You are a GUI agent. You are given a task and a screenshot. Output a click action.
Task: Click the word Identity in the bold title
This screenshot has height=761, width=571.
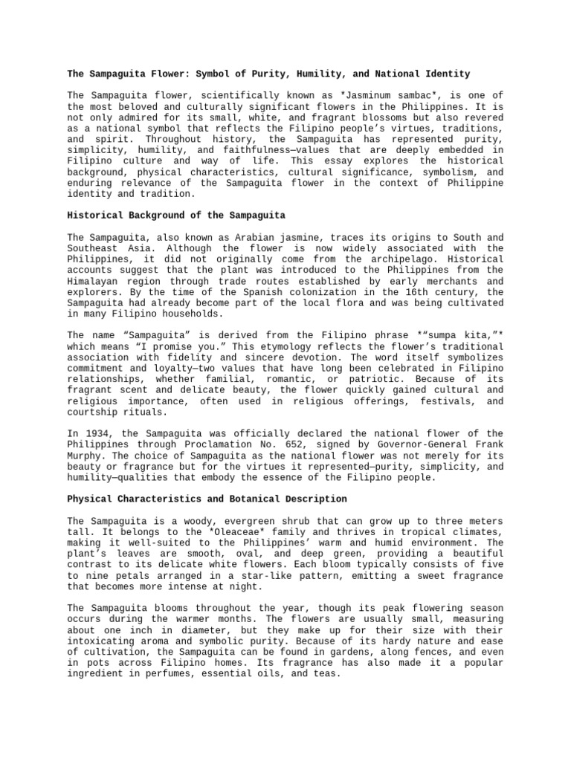[x=445, y=74]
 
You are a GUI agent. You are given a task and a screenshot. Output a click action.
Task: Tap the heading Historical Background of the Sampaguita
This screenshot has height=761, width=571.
[x=176, y=216]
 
